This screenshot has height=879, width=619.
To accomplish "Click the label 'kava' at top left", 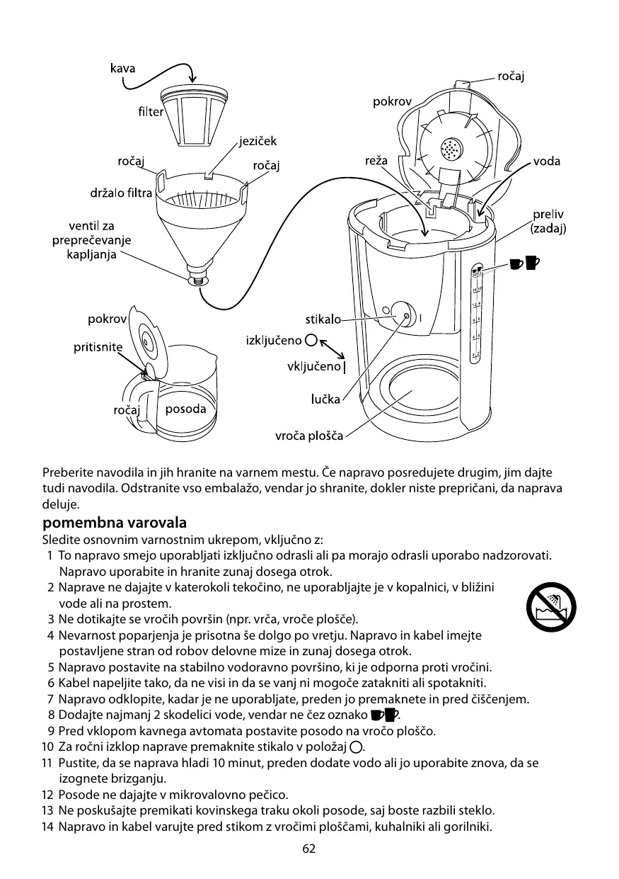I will point(122,69).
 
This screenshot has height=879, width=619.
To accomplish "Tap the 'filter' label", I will point(150,112).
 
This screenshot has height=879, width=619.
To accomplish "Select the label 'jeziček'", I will point(258,142).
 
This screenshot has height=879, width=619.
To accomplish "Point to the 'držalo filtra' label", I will point(121,192).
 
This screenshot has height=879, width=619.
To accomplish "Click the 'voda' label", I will point(547,161).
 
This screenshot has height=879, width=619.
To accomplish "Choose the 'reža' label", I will point(376,161).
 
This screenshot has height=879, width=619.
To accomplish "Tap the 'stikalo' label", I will point(323,319).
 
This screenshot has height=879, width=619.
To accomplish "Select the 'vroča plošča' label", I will point(309,436).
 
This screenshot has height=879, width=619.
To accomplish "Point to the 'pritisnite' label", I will point(98,347).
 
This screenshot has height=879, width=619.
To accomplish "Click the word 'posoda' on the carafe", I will point(185,409).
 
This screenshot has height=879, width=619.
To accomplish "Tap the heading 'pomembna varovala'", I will point(115,523).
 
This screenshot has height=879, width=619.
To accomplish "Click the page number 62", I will point(308,849).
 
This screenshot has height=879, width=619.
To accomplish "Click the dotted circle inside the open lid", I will point(450,149).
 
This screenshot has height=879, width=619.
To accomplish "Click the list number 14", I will point(47,827).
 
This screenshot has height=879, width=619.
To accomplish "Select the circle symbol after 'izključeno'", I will point(312,340).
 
